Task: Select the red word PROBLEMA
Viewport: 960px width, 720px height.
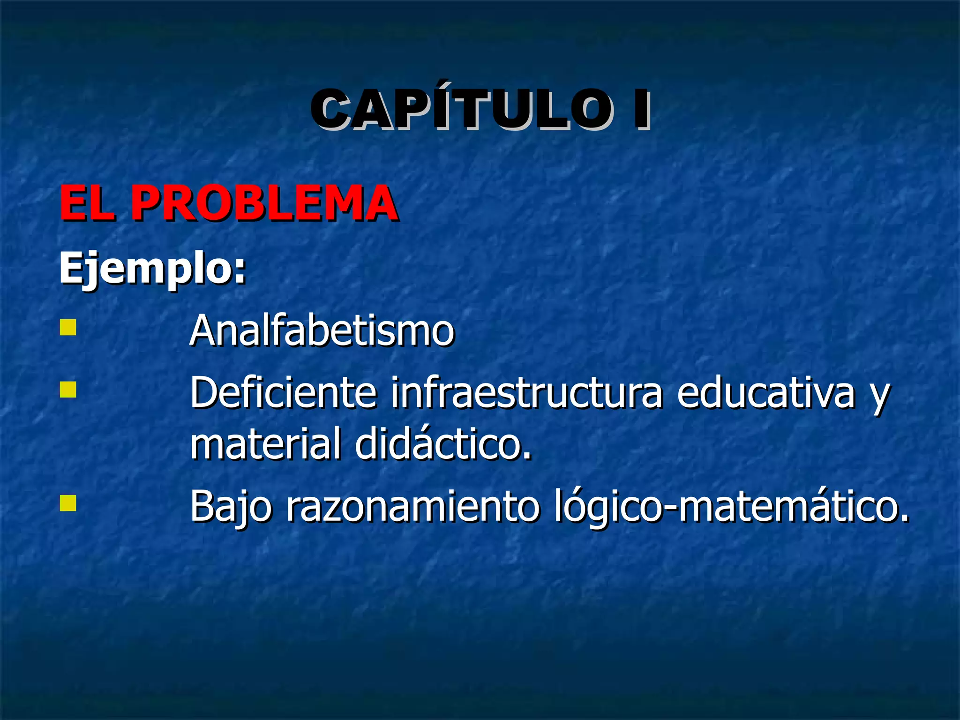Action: click(x=264, y=203)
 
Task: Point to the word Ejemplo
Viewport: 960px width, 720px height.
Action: click(x=145, y=268)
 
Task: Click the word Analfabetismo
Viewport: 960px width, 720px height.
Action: click(x=322, y=330)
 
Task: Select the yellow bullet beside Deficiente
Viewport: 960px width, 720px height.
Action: click(x=68, y=390)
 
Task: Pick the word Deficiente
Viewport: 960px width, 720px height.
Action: click(x=283, y=393)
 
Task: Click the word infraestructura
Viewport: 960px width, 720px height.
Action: click(x=527, y=393)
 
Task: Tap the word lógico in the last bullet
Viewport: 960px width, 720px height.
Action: click(x=607, y=507)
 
